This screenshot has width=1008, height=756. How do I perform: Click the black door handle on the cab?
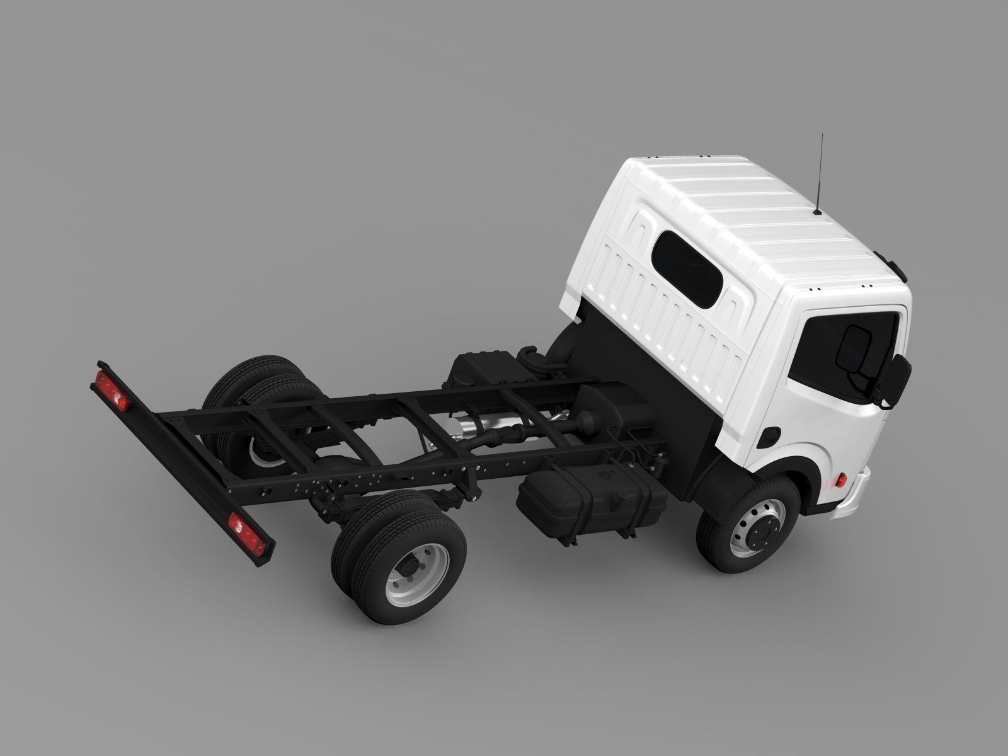[770, 435]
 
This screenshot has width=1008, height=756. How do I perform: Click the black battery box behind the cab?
[479, 372]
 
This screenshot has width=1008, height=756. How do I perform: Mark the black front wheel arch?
[724, 466]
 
